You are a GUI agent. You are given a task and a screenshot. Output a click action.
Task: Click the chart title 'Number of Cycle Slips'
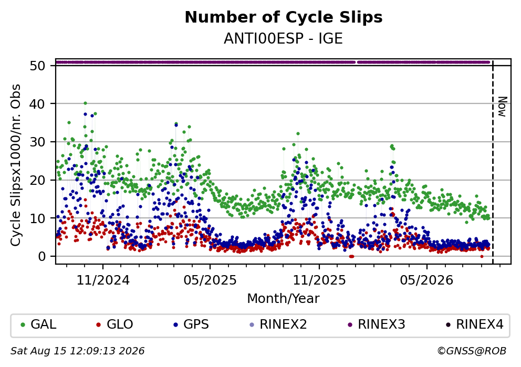click(x=284, y=17)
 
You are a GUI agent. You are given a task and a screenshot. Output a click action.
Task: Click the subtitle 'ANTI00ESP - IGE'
click(x=283, y=39)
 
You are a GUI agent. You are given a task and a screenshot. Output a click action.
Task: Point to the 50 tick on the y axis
click(x=37, y=66)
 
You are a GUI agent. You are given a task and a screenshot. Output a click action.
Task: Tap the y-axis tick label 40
click(x=37, y=104)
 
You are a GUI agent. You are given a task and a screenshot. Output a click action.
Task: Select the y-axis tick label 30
click(x=37, y=142)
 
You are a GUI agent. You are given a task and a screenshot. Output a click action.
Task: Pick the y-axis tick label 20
click(x=37, y=180)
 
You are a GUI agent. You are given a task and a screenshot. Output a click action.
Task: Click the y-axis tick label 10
click(x=37, y=218)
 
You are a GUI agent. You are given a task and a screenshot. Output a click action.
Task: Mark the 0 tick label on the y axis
click(x=41, y=256)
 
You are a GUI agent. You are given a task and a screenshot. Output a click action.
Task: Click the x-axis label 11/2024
click(x=103, y=280)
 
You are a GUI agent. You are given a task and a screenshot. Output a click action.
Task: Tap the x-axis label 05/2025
click(x=210, y=280)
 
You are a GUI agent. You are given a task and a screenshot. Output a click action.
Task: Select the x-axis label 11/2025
click(x=319, y=280)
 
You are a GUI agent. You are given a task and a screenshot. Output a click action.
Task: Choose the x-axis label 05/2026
click(x=426, y=280)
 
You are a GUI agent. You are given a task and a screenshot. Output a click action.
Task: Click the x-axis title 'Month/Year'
click(x=283, y=299)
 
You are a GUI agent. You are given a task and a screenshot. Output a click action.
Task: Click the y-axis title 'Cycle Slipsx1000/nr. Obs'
click(x=16, y=165)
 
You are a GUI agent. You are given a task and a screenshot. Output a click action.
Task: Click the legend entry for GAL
click(x=38, y=324)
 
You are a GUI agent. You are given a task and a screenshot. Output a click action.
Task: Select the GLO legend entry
click(x=115, y=324)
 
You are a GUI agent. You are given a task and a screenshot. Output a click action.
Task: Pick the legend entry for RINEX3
click(x=377, y=324)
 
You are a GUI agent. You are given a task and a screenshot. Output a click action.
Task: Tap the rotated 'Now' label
click(x=503, y=107)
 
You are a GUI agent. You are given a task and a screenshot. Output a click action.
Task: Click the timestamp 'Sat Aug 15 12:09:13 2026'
click(x=77, y=351)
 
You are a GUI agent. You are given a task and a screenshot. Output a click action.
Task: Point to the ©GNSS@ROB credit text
click(x=472, y=351)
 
